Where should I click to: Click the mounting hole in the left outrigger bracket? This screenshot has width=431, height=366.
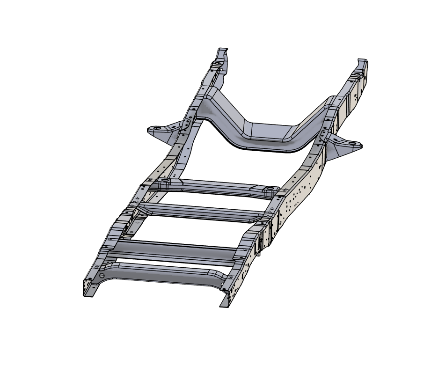[158, 128]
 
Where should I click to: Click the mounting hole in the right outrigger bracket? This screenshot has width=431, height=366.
[352, 143]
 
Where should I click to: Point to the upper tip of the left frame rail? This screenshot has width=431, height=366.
[223, 50]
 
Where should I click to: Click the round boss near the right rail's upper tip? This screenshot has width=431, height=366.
[356, 75]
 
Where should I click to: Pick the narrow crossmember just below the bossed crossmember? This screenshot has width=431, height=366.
[201, 212]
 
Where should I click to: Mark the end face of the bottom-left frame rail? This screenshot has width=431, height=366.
[88, 287]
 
